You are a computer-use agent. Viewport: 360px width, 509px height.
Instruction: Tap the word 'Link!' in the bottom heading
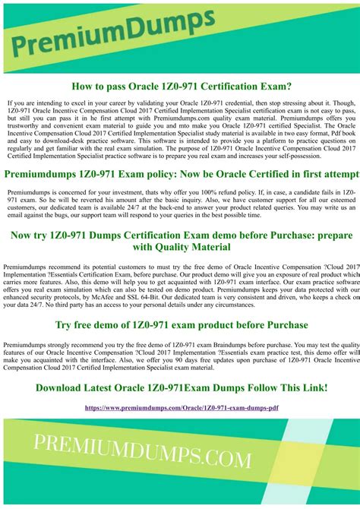click(311, 388)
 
